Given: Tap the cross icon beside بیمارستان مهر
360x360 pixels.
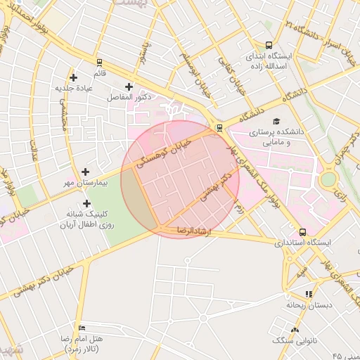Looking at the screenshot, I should [x=86, y=172].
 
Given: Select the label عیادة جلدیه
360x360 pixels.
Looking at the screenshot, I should [x=75, y=88].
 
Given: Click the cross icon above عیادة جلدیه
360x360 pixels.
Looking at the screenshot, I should [x=73, y=77].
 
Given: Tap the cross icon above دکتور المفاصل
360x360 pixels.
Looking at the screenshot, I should [x=129, y=86].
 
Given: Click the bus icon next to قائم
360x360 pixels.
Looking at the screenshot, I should [x=99, y=61].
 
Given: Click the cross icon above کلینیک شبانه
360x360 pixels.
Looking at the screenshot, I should [x=86, y=202].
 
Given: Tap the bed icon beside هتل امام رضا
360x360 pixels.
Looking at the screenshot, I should [x=82, y=328].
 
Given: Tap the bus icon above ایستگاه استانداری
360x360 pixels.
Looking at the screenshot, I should [x=302, y=231].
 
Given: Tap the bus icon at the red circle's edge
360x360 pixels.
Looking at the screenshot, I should [x=220, y=127].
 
